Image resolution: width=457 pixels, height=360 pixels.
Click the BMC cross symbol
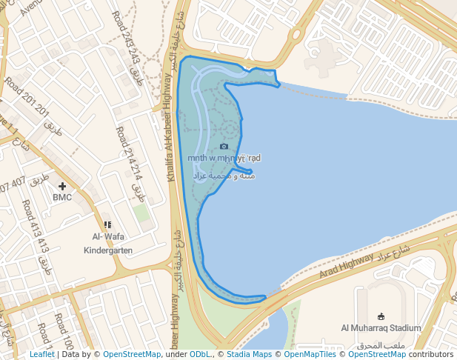point(62,186)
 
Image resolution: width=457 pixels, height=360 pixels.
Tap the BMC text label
point(62,198)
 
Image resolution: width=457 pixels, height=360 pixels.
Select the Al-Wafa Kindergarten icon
point(107,224)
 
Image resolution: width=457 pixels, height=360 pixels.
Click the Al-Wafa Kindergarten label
point(108,244)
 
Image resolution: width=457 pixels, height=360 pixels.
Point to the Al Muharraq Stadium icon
point(381,316)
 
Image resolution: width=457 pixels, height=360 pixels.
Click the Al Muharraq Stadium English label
point(381,327)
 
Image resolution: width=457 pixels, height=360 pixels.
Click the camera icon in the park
point(224,146)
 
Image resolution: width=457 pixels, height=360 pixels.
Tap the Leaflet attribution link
point(41,355)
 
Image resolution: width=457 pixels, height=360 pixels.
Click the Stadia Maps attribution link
point(248,355)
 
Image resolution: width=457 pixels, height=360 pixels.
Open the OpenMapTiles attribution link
point(312,355)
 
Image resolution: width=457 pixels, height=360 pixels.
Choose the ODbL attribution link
point(200,355)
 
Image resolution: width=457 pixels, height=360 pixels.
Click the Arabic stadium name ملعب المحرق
point(381,346)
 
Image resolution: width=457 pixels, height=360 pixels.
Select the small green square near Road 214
point(141,213)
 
